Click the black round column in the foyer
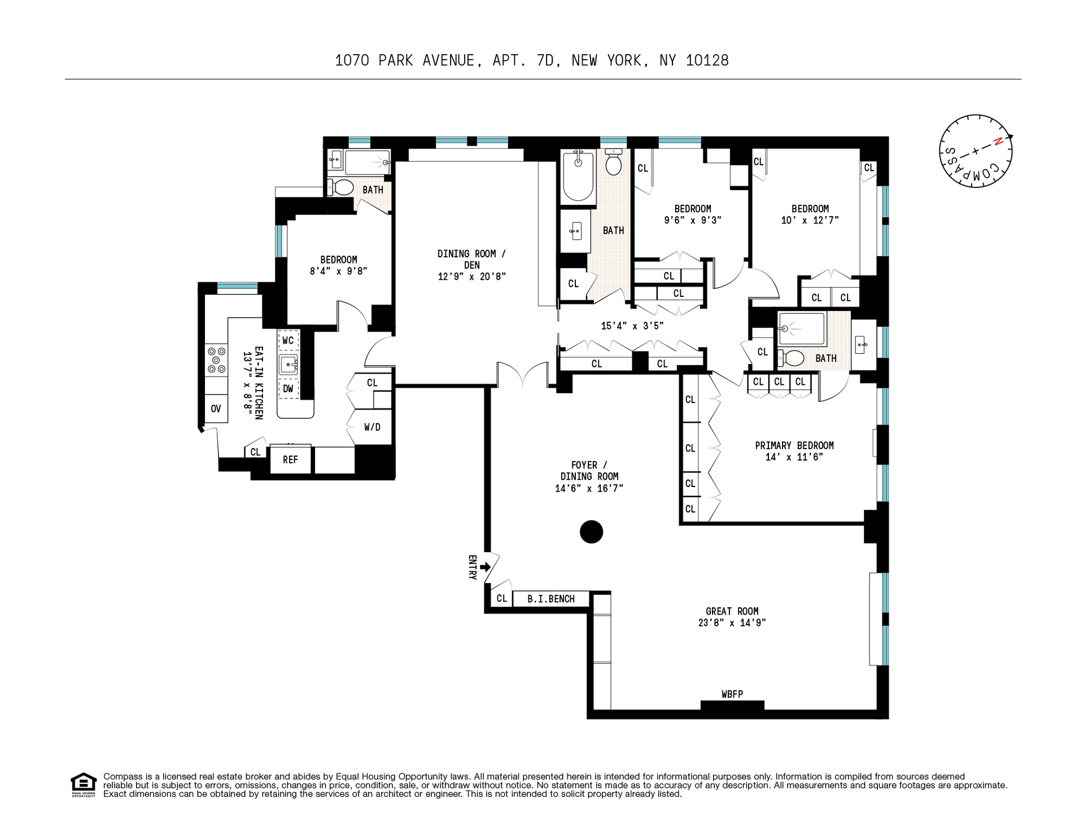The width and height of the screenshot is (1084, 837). tap(591, 532)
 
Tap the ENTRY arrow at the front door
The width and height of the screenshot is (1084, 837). tap(484, 567)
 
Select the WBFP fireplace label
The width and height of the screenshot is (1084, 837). tap(732, 694)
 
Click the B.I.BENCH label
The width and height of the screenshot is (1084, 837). tap(550, 599)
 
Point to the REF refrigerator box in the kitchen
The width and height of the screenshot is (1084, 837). tap(290, 459)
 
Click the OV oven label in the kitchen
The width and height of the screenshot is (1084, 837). tap(216, 409)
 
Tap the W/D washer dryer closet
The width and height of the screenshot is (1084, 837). tap(372, 427)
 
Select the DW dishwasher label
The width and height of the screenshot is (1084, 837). tap(288, 388)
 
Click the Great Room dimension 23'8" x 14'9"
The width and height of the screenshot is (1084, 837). tap(732, 623)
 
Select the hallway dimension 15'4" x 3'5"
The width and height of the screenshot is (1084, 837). tap(632, 326)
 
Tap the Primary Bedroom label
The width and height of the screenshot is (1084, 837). tap(794, 445)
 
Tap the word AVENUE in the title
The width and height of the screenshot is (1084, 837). tap(449, 60)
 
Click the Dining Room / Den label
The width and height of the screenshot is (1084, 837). tap(471, 259)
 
